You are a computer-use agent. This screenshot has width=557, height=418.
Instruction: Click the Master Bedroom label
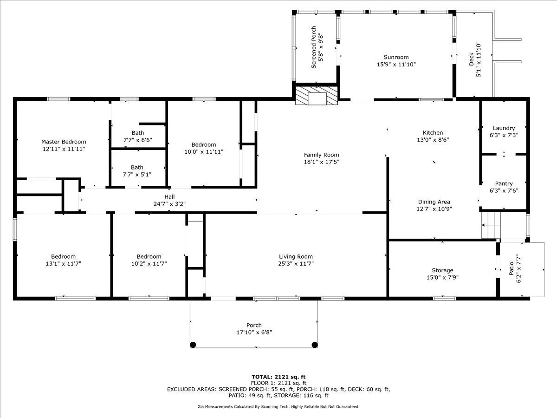point(64,142)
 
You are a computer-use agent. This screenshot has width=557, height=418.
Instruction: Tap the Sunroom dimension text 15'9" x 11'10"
point(396,65)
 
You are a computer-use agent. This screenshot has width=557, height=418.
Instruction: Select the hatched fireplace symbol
point(317,95)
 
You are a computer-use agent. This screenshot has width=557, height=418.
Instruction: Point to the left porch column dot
point(193,345)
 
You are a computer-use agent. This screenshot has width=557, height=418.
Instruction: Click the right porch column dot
point(315,345)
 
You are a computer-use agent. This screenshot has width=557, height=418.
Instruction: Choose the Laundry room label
point(504,128)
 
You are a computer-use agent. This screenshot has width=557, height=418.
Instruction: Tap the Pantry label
point(504,183)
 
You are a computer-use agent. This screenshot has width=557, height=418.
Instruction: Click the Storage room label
point(442,270)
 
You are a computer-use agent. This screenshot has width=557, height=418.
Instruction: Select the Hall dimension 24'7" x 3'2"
point(169,204)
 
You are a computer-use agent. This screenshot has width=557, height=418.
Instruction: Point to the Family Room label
point(322,155)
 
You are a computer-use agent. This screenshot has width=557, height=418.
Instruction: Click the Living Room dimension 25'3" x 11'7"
point(296,264)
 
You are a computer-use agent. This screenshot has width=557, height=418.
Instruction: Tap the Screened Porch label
point(314,47)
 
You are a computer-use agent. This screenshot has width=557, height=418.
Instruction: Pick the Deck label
point(472,59)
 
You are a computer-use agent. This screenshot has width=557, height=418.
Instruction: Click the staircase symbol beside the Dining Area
point(491,225)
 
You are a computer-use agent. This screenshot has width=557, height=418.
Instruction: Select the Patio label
point(512,268)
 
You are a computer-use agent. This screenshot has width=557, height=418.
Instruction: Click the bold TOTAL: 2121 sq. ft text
point(278,377)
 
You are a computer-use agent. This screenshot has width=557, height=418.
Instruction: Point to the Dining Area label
point(434,202)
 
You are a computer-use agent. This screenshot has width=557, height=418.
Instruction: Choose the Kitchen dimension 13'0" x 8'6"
point(433,140)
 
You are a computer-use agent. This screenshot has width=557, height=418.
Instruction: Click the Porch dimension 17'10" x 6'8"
point(254,332)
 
